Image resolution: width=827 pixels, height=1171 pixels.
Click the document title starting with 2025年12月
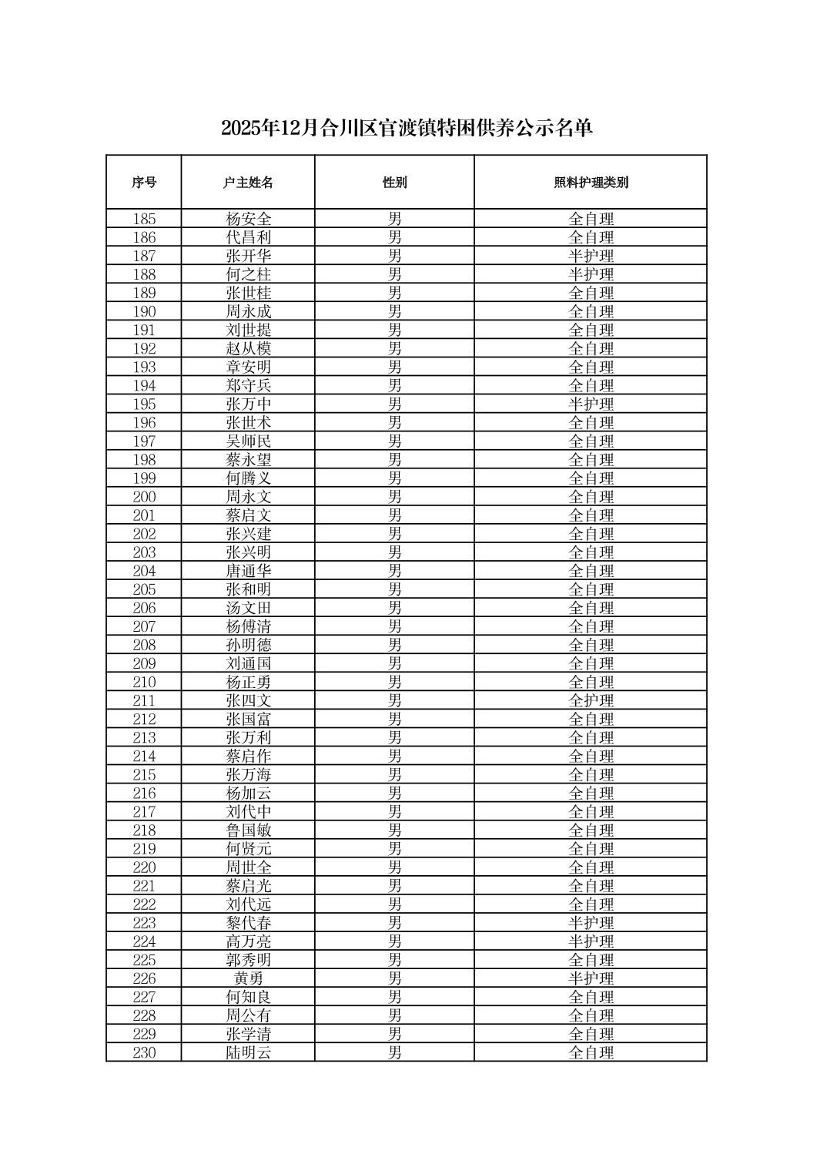tap(407, 128)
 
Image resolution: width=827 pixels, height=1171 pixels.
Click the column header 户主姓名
tap(248, 183)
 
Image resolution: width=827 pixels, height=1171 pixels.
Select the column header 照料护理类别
tap(591, 183)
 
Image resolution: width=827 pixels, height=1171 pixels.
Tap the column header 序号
tap(144, 183)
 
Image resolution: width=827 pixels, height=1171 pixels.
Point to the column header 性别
tap(394, 183)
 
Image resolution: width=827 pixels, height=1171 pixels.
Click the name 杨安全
tap(248, 219)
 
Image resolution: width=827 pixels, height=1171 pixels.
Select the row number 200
tap(144, 497)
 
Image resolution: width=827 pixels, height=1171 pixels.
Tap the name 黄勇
tap(248, 978)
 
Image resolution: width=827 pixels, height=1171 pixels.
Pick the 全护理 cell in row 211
tap(591, 700)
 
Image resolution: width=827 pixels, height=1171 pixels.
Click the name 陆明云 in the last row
tap(248, 1052)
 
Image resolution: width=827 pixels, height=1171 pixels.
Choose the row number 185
tap(144, 219)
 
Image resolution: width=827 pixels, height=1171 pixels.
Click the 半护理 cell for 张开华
tap(591, 256)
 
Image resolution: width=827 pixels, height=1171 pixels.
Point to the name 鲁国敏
tap(248, 830)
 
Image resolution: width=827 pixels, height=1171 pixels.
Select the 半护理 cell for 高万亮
tap(591, 941)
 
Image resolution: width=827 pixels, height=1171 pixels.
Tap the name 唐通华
tap(248, 571)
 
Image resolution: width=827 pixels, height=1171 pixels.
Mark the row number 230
tap(144, 1052)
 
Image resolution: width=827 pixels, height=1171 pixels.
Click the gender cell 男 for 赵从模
tap(394, 348)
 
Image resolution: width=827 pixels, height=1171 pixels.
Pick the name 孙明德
tap(248, 645)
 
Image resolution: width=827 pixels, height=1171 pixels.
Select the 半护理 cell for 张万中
tap(591, 404)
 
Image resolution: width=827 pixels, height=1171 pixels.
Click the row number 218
tap(144, 830)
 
